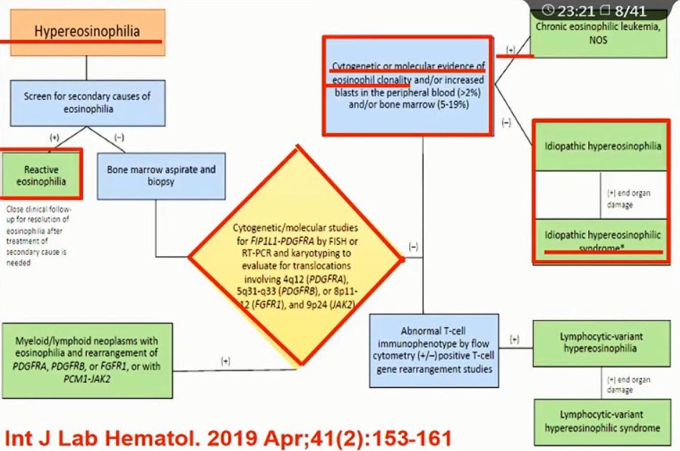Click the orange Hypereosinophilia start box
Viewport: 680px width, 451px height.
pyautogui.click(x=87, y=31)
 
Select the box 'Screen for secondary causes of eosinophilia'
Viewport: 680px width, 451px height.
pyautogui.click(x=87, y=102)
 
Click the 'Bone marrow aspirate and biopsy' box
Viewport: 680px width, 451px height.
pyautogui.click(x=161, y=175)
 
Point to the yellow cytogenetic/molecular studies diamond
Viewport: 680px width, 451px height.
pyautogui.click(x=295, y=254)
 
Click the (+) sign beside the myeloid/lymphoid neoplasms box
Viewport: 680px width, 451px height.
pyautogui.click(x=225, y=361)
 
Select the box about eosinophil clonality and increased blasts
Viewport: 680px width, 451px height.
pyautogui.click(x=408, y=85)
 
